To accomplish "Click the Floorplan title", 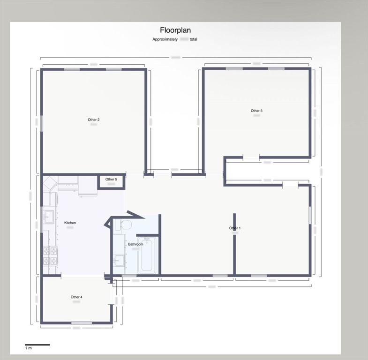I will pyautogui.click(x=175, y=30).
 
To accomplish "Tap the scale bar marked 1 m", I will pyautogui.click(x=37, y=345).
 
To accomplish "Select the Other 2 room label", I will pyautogui.click(x=93, y=120).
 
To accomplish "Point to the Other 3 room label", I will pyautogui.click(x=256, y=111).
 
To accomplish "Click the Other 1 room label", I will pyautogui.click(x=235, y=228).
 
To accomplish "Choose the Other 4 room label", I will pyautogui.click(x=76, y=297).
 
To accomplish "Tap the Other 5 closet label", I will pyautogui.click(x=111, y=179).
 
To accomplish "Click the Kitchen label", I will pyautogui.click(x=70, y=223).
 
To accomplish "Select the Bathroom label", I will pyautogui.click(x=135, y=244).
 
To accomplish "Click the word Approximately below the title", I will pyautogui.click(x=165, y=39).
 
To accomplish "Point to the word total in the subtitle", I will pyautogui.click(x=193, y=39).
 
